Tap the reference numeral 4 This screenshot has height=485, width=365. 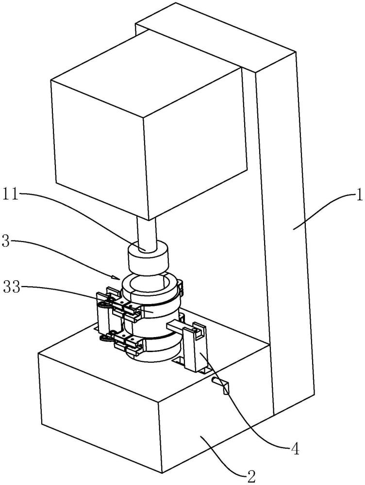click(x=296, y=449)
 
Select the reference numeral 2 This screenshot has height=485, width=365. click(x=251, y=476)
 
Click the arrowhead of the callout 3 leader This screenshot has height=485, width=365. click(x=119, y=277)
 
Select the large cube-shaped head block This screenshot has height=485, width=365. click(x=149, y=124)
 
